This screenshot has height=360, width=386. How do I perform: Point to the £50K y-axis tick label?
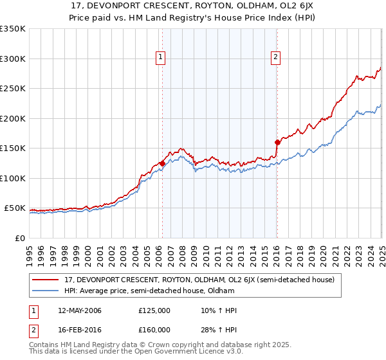pyautogui.click(x=14, y=208)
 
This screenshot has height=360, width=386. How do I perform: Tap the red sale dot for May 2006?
pyautogui.click(x=162, y=163)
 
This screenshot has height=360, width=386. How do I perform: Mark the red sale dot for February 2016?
pyautogui.click(x=277, y=142)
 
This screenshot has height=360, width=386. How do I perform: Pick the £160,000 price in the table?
pyautogui.click(x=154, y=330)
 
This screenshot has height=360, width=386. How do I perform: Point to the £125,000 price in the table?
pyautogui.click(x=154, y=310)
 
